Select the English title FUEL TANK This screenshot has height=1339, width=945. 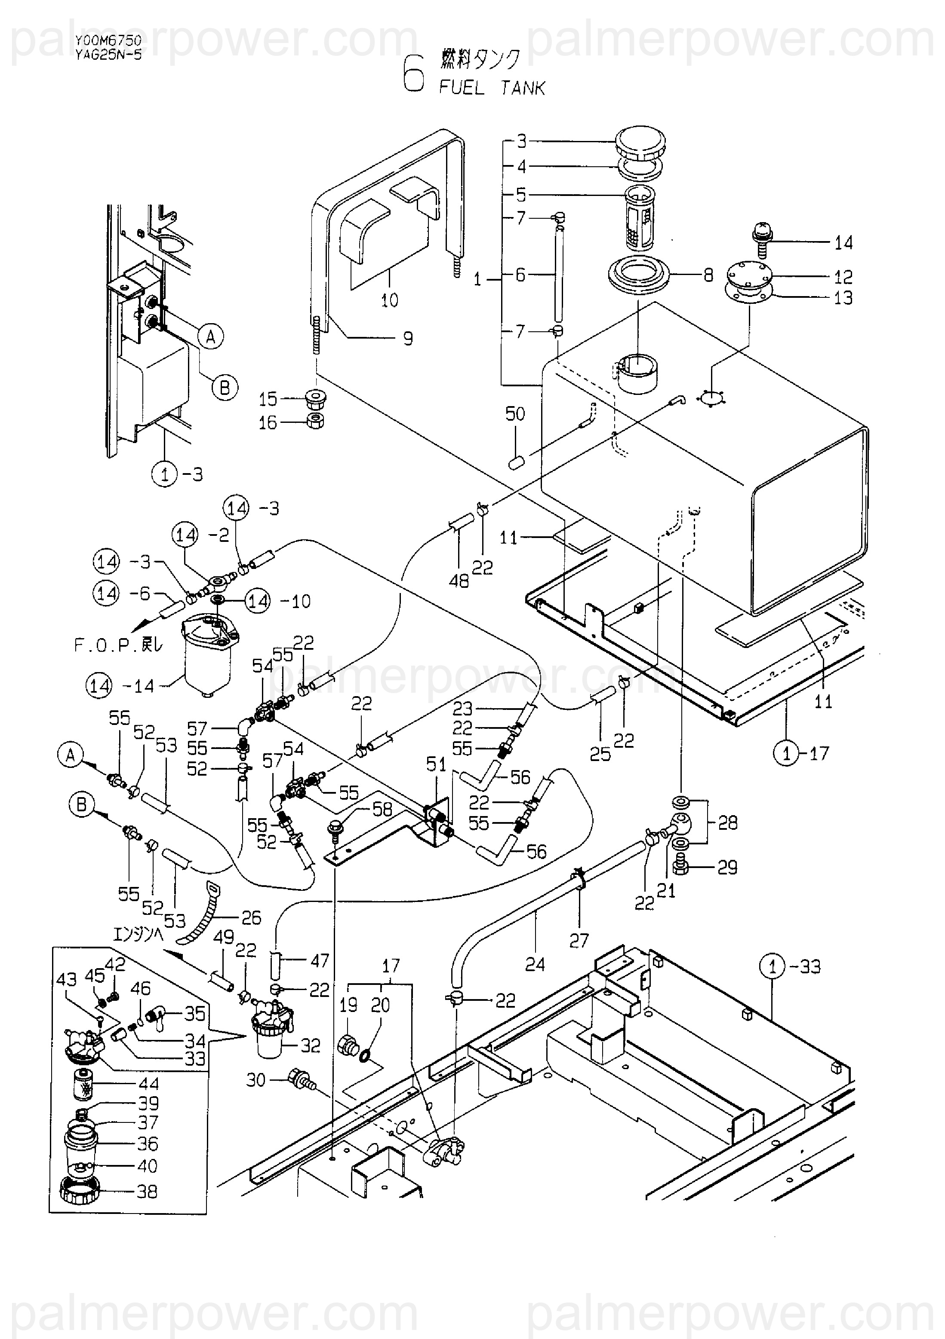pos(492,88)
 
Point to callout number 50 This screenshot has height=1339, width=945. pos(515,414)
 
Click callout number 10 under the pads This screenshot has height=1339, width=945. pos(389,300)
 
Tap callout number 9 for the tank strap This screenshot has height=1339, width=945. pos(408,338)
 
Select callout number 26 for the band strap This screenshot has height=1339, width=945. pos(251,918)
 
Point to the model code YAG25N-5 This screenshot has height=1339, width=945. pos(108,55)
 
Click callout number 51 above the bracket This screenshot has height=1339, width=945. pos(436,764)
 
